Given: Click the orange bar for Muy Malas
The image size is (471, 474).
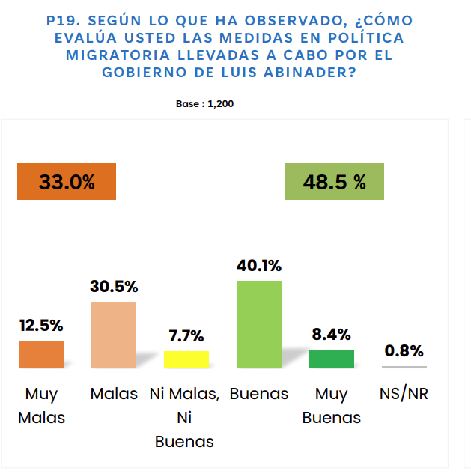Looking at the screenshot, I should (41, 354).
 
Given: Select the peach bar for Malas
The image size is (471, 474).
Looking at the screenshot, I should (114, 335).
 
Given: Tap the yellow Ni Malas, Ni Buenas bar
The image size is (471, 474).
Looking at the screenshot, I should (186, 359).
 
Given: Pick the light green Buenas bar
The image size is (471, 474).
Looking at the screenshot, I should (259, 324).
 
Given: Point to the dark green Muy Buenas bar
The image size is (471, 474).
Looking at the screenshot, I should (332, 359).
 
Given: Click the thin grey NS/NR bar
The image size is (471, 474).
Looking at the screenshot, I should (404, 367).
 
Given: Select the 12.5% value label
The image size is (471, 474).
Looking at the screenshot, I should (41, 326).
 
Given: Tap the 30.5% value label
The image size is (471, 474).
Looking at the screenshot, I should (114, 287).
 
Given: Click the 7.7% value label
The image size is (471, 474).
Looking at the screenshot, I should (186, 336).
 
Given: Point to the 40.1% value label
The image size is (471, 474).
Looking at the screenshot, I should (259, 266).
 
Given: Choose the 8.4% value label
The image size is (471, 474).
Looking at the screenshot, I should (332, 335).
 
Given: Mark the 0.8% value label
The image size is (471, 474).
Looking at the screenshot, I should (404, 350).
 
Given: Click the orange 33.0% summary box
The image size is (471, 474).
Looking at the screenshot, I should (67, 182).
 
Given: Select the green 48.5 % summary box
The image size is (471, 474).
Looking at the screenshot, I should (334, 182).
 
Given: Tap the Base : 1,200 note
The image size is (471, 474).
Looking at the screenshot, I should (204, 104).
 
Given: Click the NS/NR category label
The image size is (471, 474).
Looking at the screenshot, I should (404, 394).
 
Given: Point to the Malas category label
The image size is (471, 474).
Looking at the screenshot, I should (114, 394).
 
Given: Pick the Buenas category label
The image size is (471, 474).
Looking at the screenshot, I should (259, 394).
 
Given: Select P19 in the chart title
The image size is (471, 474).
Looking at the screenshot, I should (64, 20).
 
